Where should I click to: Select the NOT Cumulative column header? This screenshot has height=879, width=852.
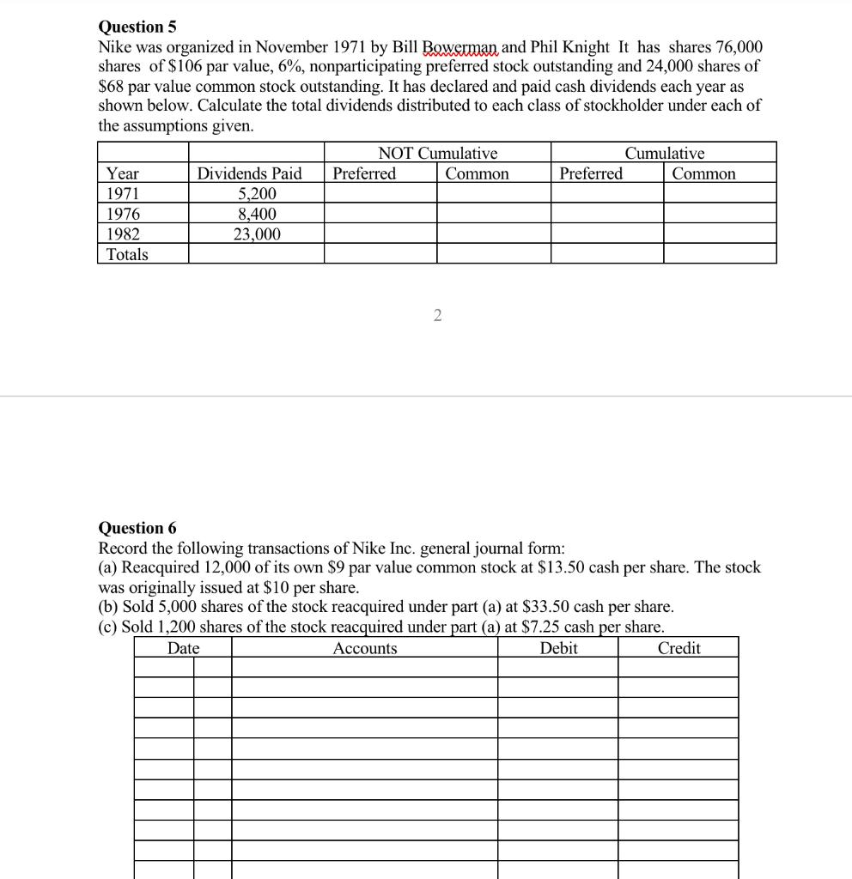point(437,154)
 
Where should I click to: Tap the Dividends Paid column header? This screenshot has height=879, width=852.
point(250,174)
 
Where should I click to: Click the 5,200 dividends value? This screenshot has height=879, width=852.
point(257,194)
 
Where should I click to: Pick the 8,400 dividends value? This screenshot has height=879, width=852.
point(257,214)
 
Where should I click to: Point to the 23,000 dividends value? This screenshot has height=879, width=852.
point(257,233)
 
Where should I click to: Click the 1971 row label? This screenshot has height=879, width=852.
point(122,194)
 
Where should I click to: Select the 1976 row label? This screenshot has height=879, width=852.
point(122,214)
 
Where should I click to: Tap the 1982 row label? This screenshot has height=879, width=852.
point(122,233)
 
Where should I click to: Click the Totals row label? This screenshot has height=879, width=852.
point(126,254)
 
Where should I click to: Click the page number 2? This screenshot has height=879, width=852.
point(437,317)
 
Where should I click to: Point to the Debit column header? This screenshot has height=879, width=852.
point(558,648)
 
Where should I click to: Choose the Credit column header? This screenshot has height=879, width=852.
point(679,648)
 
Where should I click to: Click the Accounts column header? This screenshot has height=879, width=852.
point(365,648)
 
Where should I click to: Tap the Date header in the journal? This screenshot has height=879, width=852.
point(183,648)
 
